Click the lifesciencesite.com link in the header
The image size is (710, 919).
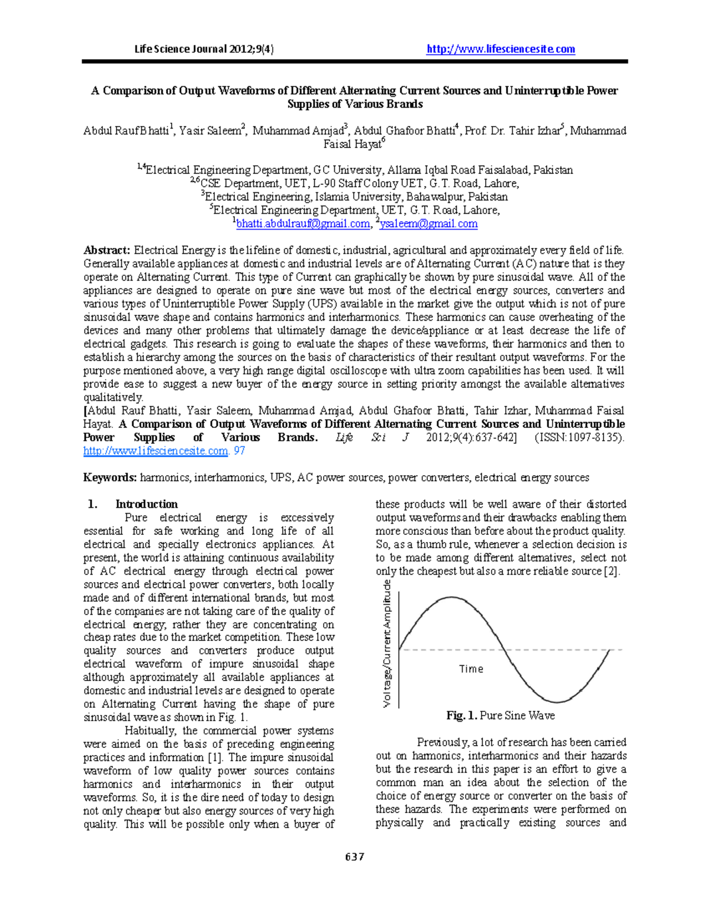tap(501, 49)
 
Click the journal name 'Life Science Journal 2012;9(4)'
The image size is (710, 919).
tap(204, 49)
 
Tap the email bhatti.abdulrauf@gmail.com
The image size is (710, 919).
tap(302, 224)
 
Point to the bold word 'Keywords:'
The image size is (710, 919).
tap(110, 478)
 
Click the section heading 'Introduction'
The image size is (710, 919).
tap(146, 504)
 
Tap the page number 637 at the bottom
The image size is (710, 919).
tap(354, 856)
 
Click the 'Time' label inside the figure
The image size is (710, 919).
tap(471, 669)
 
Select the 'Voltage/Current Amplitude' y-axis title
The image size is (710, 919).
tap(387, 644)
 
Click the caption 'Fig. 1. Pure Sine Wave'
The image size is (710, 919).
tap(500, 715)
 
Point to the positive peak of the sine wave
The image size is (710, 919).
tap(451, 597)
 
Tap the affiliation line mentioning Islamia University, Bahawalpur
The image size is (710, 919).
tap(354, 196)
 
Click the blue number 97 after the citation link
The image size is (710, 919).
tap(240, 451)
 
